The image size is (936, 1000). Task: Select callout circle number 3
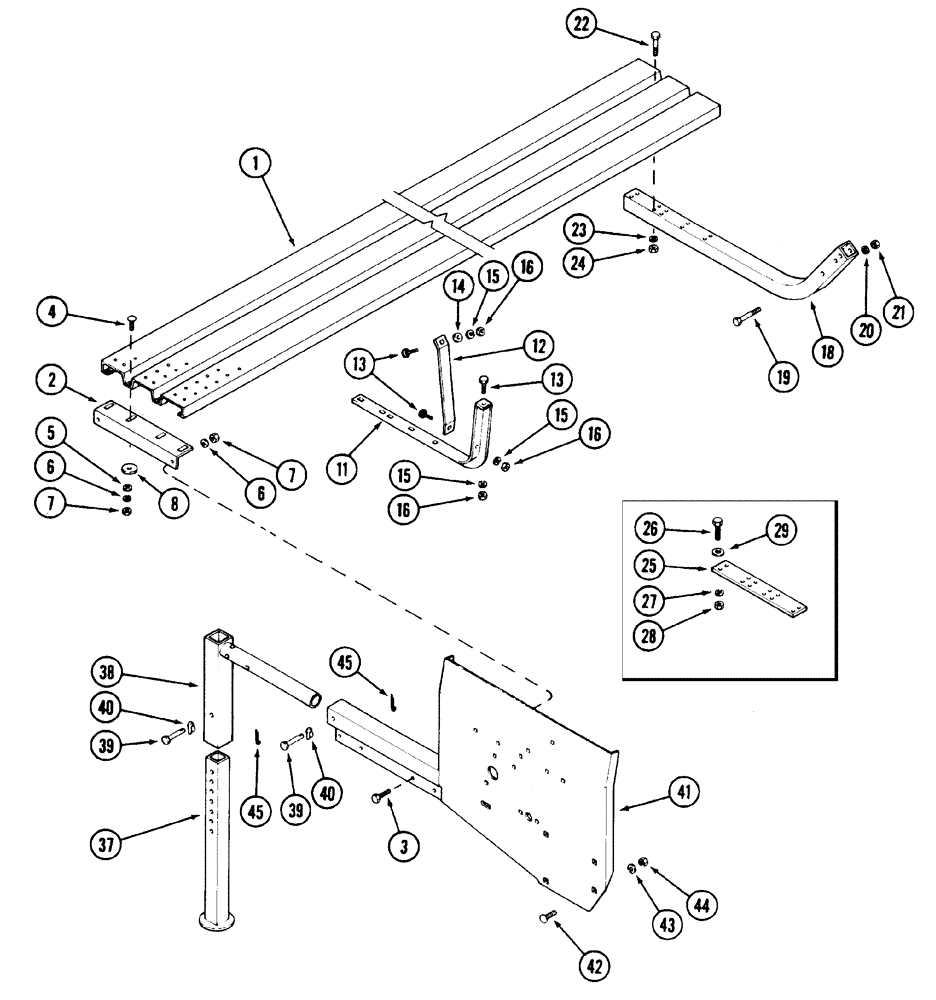pos(406,847)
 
